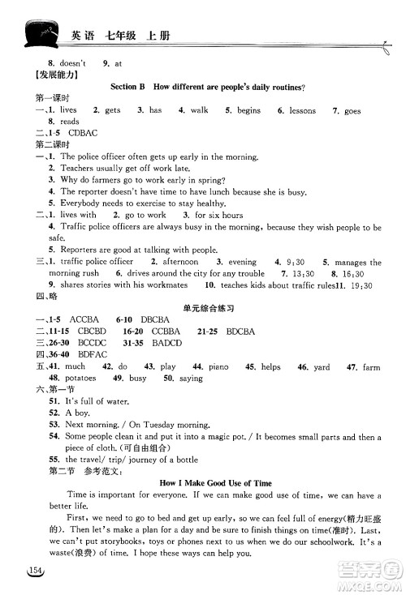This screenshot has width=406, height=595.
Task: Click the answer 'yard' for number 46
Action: (322, 367)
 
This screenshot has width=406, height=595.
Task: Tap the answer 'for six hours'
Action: (218, 215)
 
